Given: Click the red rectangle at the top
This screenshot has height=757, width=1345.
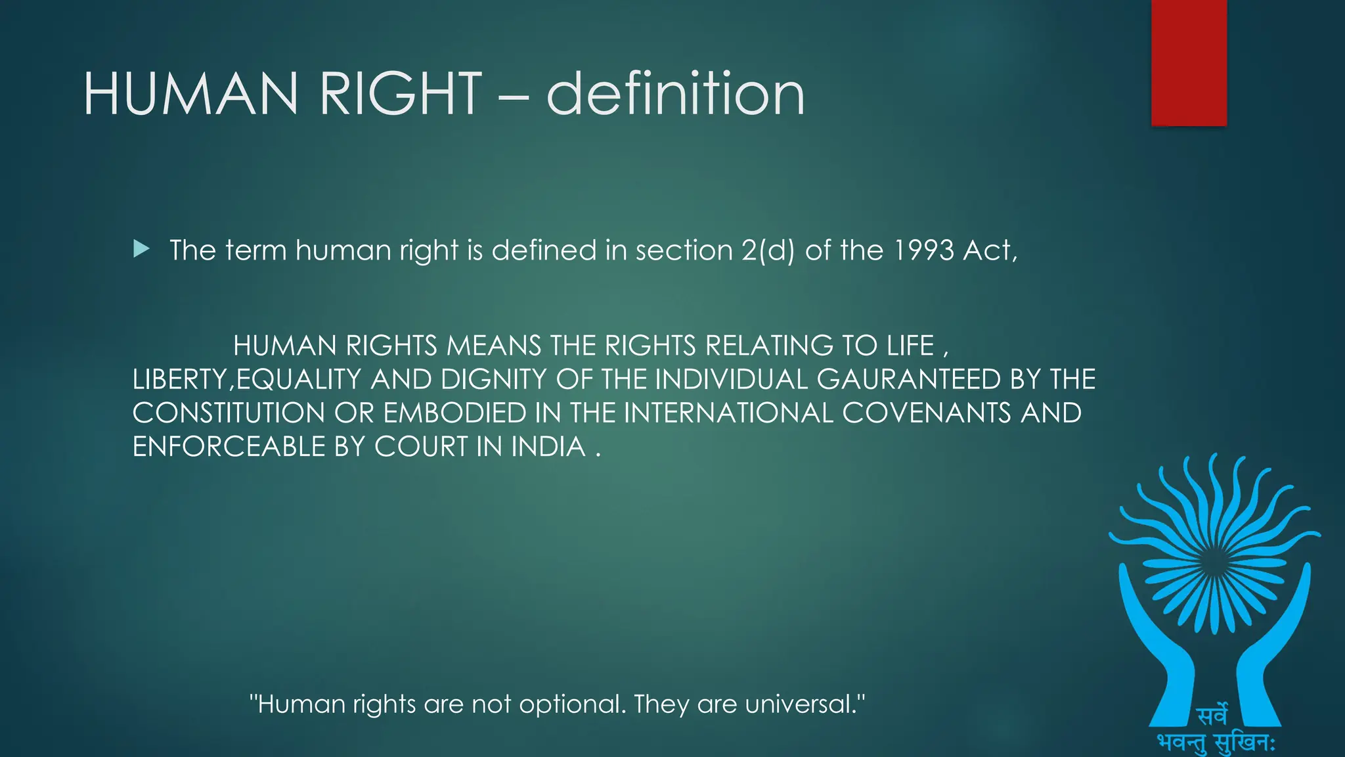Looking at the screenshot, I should click(x=1189, y=62).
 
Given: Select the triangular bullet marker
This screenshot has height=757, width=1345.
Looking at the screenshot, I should click(x=141, y=249).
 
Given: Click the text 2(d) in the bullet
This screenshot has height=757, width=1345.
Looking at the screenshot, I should click(x=768, y=250).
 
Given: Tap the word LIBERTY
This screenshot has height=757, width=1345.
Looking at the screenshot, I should click(x=179, y=380).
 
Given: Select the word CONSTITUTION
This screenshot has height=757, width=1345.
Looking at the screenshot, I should click(x=229, y=413).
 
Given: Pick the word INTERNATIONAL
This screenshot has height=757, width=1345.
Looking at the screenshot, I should click(x=728, y=413).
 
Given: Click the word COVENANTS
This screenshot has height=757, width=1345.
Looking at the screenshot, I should click(x=926, y=413).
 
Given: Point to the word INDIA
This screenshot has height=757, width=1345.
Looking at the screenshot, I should click(x=548, y=447).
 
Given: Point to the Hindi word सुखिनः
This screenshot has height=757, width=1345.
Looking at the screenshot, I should click(x=1245, y=743).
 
